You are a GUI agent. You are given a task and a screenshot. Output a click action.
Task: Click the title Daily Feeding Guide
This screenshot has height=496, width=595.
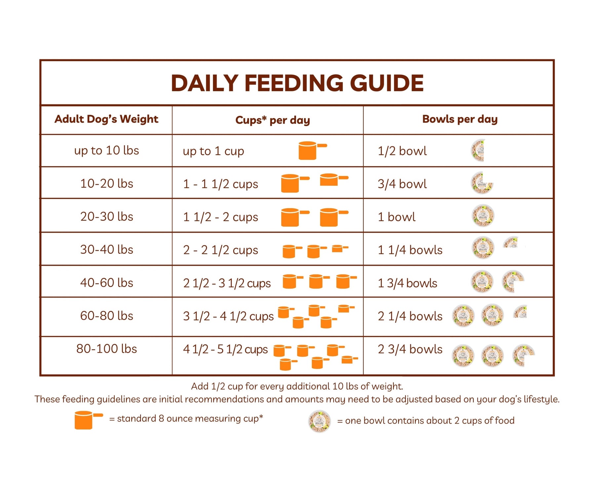point(297,83)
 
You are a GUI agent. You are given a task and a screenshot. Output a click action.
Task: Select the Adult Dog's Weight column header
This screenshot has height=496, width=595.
point(106,119)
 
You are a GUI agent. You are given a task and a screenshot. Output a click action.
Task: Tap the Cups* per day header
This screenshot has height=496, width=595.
point(273,120)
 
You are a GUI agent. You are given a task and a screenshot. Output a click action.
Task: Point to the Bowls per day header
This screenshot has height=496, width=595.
point(460,119)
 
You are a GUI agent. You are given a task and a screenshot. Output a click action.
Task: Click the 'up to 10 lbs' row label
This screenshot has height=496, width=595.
point(106,151)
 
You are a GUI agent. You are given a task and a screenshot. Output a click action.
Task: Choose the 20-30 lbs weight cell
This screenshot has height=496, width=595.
point(106,217)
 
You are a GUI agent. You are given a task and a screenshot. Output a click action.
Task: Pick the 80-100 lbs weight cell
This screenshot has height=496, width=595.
point(106,349)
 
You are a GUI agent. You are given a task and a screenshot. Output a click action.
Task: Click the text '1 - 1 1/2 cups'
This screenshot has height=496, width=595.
point(220,184)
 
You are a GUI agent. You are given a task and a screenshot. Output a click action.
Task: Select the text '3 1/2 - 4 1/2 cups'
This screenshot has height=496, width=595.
point(228,316)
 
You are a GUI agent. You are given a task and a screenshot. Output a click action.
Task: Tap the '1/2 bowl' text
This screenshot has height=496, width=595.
point(402,151)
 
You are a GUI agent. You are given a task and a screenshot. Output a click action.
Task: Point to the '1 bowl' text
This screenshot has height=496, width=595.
point(396,217)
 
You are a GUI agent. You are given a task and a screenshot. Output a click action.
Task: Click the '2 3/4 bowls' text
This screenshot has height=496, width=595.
point(410,349)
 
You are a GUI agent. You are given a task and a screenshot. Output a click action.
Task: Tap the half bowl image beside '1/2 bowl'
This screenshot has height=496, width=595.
point(478,150)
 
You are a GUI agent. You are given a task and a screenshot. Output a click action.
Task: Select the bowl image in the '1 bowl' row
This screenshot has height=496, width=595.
point(483,216)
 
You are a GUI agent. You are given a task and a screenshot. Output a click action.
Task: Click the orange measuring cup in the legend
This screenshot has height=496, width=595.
point(88,420)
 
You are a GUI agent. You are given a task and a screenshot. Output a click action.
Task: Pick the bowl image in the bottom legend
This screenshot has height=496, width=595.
point(319,421)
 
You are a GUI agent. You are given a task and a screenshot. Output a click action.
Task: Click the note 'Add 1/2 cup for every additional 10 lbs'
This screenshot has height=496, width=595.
point(297,386)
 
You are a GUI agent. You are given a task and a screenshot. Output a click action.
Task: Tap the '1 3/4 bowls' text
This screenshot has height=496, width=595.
point(407,283)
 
